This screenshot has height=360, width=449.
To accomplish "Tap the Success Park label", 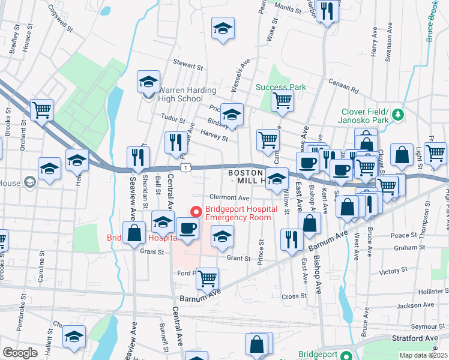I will click(x=281, y=87).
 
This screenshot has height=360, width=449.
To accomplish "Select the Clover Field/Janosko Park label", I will click(x=366, y=116).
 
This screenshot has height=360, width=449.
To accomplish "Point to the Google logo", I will click(x=20, y=353).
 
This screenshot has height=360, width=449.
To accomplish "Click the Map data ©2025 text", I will click(x=423, y=355).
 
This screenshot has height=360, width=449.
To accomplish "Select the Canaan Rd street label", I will click(x=343, y=85).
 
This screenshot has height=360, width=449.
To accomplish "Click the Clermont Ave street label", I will click(x=229, y=197).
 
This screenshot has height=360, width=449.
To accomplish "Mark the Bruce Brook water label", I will click(x=432, y=21).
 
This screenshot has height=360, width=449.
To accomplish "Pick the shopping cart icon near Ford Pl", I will click(x=207, y=277).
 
